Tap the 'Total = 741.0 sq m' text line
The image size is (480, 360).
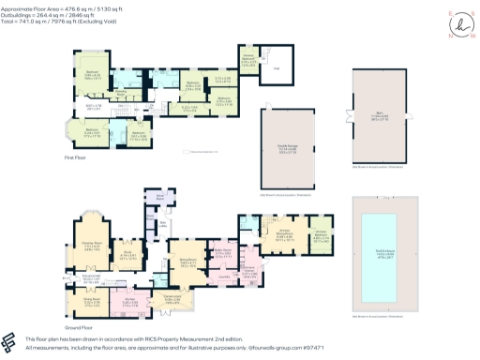pyautogui.click(x=56, y=20)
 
